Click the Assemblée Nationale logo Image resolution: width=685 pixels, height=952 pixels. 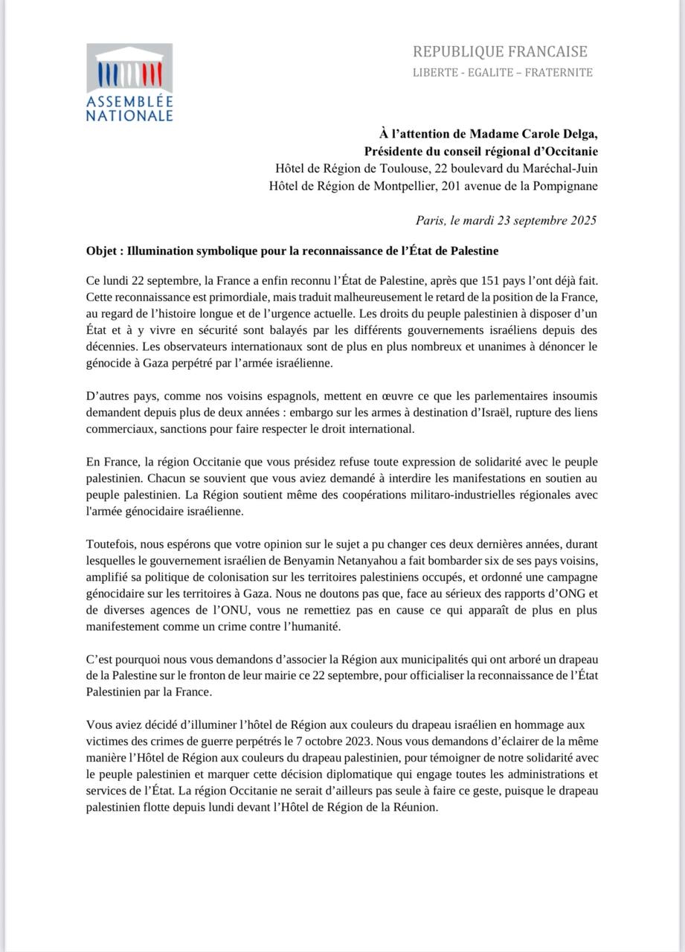click(129, 83)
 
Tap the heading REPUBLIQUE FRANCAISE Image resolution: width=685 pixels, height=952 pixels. click(500, 52)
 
